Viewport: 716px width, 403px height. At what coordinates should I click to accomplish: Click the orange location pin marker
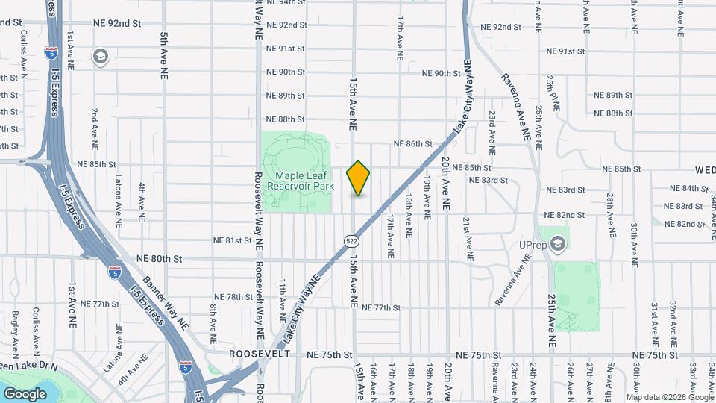359,178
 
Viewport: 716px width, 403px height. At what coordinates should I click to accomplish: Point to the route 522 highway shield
351,240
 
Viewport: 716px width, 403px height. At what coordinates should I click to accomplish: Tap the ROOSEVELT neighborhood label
260,354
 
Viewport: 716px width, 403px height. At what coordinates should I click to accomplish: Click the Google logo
25,393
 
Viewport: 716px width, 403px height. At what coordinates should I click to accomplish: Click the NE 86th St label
412,143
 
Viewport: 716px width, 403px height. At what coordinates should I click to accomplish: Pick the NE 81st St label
233,240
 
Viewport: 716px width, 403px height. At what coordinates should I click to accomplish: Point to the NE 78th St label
234,297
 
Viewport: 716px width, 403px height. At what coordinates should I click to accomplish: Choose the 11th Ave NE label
283,297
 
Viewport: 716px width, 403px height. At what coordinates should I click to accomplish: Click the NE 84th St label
689,188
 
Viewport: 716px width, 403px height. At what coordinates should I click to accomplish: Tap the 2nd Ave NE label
95,128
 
